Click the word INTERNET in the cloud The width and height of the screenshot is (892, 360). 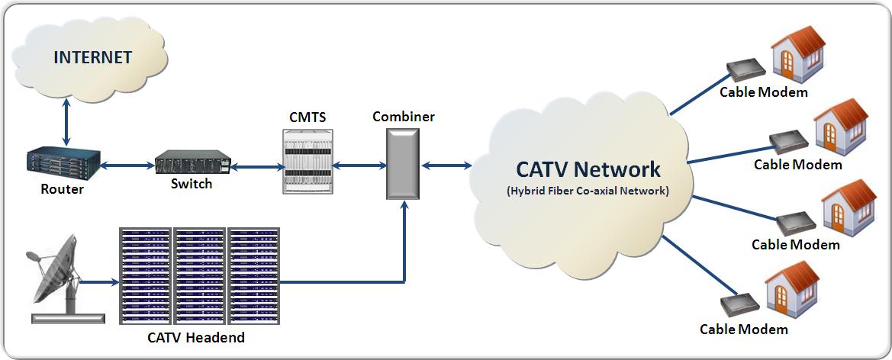tap(92, 57)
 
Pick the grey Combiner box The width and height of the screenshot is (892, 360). tap(401, 164)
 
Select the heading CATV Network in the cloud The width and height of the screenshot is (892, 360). tap(588, 169)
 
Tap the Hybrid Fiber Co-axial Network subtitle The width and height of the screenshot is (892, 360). tap(588, 191)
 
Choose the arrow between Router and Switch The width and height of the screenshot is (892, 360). tap(127, 165)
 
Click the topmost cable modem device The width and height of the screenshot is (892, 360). tap(744, 70)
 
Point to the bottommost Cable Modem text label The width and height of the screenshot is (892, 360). tap(744, 329)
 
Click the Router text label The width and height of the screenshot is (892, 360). tap(62, 190)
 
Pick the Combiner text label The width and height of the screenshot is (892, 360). tap(404, 117)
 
